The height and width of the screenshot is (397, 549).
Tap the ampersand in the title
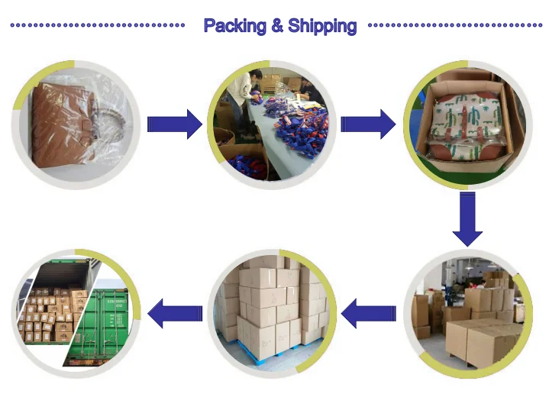tap(279, 26)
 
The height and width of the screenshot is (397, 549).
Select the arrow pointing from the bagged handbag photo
tap(174, 124)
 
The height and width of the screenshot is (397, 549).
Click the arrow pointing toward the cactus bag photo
tap(367, 124)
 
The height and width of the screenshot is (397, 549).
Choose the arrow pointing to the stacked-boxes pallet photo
tap(369, 311)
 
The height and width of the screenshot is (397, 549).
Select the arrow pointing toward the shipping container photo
tap(175, 311)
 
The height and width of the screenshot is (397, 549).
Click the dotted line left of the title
tap(98, 25)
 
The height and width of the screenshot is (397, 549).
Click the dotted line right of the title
tap(455, 25)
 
